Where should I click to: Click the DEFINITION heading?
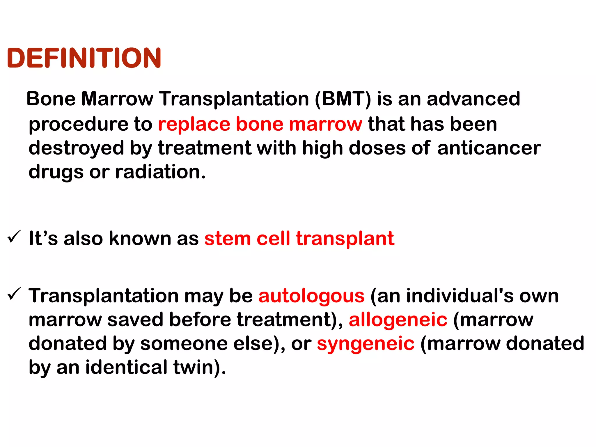84,58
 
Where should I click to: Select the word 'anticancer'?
489,148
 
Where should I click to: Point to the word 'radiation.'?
160,172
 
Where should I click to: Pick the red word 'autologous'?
311,296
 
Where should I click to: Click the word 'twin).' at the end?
200,367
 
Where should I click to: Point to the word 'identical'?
126,367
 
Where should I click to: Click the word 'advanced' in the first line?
473,99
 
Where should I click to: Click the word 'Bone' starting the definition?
51,99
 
